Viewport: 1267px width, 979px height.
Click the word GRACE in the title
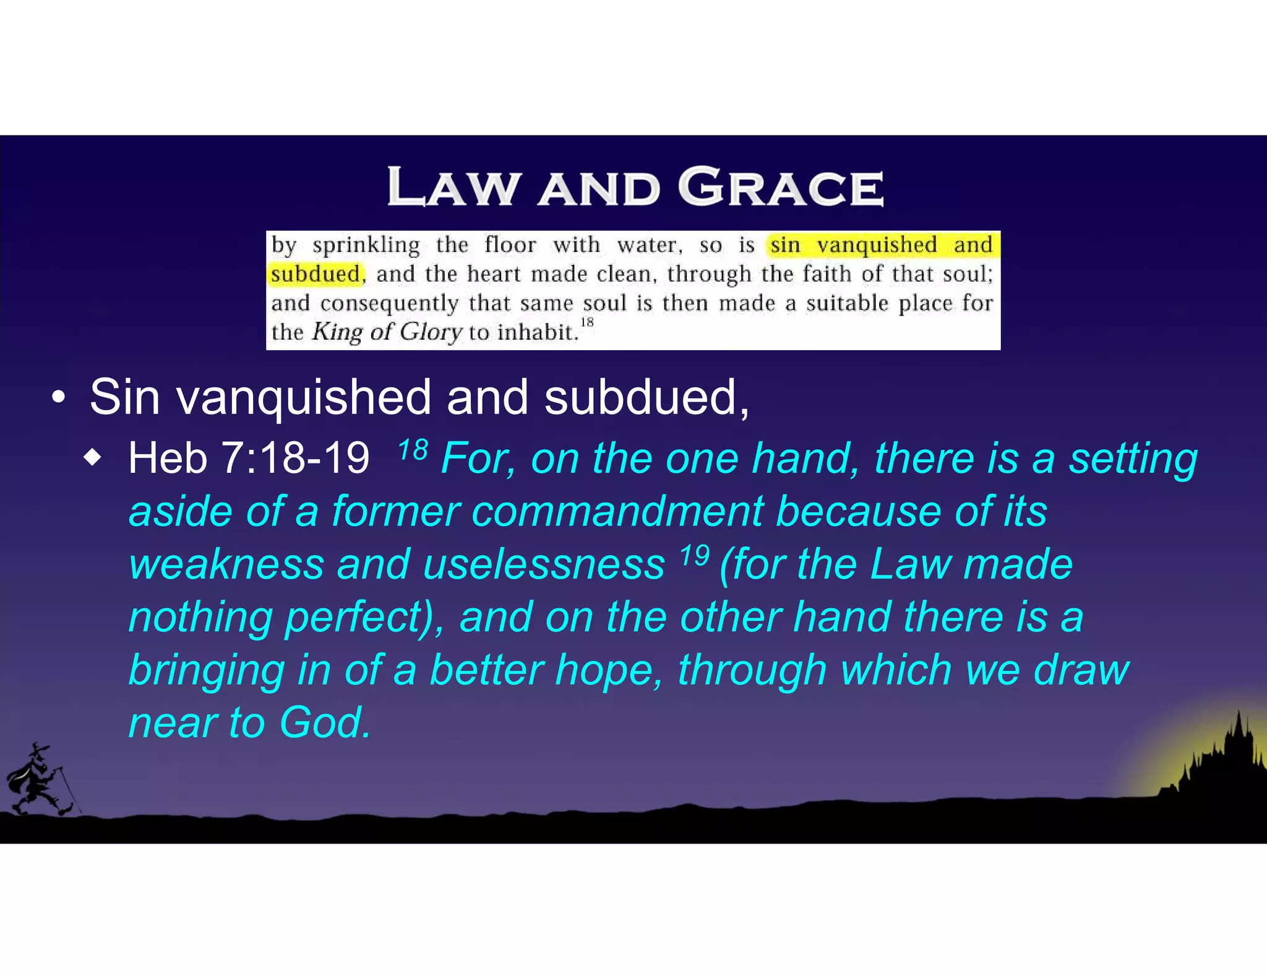click(x=781, y=187)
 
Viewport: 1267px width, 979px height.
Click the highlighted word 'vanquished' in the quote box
click(x=877, y=245)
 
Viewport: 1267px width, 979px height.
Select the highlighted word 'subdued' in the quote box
click(x=316, y=274)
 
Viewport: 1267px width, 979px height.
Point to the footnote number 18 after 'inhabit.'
click(x=587, y=322)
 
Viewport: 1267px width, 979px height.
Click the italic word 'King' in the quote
click(x=337, y=332)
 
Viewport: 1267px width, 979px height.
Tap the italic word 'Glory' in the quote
click(x=431, y=332)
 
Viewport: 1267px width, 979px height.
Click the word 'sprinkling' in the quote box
click(x=366, y=245)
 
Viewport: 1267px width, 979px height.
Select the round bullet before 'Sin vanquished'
click(x=58, y=399)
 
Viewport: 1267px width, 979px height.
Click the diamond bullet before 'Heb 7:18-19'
click(x=92, y=459)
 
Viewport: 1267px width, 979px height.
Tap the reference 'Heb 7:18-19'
click(x=249, y=459)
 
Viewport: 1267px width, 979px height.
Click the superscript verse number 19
click(x=694, y=555)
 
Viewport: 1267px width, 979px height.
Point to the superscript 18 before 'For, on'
click(x=413, y=449)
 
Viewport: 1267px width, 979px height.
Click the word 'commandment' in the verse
click(x=617, y=512)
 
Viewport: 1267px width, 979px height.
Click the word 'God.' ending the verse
click(x=325, y=723)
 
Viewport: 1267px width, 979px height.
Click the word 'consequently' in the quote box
click(x=389, y=303)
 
